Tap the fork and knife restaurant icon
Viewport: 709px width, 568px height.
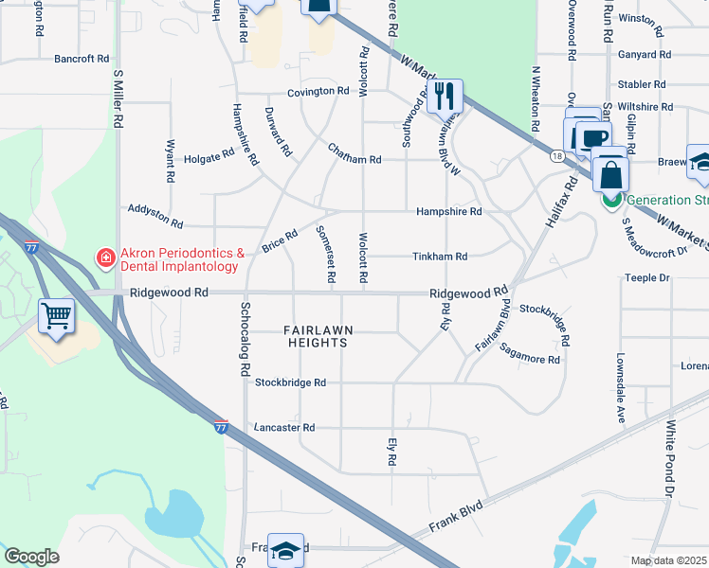[445, 97]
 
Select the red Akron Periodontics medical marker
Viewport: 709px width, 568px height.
[104, 257]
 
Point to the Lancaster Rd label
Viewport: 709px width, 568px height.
[282, 428]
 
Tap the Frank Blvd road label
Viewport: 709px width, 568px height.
[455, 518]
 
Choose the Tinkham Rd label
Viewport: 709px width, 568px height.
[440, 257]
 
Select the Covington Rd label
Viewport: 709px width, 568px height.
[319, 92]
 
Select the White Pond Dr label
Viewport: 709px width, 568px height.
[669, 460]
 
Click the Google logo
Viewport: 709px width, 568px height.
[31, 557]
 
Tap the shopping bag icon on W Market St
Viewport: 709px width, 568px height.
[611, 175]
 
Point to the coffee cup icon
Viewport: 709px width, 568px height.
[594, 139]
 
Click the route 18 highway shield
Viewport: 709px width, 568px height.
[556, 155]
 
